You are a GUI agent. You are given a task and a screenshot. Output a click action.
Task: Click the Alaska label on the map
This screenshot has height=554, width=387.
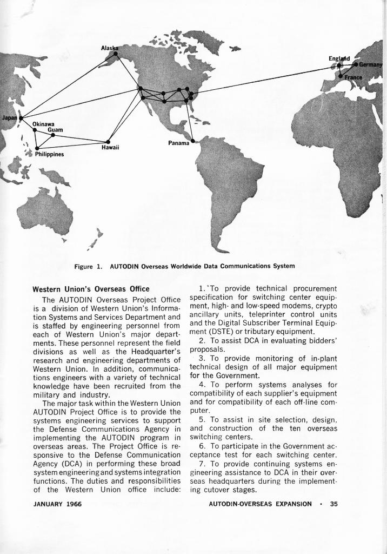pos(109,48)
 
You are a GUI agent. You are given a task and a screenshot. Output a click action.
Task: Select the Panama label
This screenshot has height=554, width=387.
pos(179,143)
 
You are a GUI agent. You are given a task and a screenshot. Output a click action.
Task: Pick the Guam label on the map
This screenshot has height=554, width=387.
pos(55,130)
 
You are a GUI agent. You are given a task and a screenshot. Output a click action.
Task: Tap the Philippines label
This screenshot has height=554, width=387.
pos(50,154)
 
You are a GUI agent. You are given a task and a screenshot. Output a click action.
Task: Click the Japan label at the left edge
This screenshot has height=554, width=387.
pos(9,117)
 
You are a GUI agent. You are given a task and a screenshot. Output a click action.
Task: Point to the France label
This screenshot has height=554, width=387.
pos(354,77)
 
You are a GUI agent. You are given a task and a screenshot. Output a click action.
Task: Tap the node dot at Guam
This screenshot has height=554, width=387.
pos(53,135)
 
